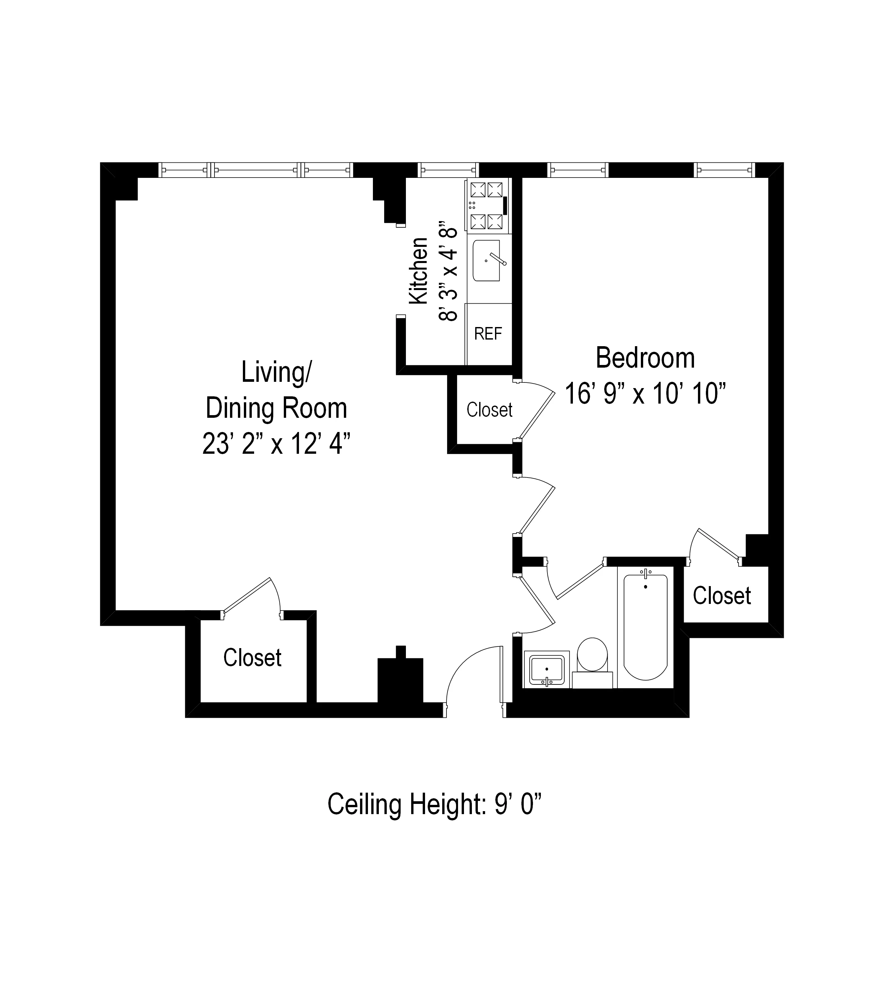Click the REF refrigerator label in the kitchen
coord(488,334)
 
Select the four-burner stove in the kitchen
coord(487,206)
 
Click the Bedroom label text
coord(645,358)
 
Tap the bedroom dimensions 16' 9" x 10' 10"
coord(645,394)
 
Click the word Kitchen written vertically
coord(418,271)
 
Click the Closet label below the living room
coord(252,658)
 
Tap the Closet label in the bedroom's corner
coord(722,596)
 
